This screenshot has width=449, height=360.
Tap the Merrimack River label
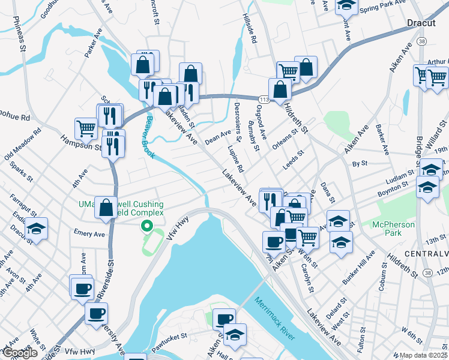[274, 318]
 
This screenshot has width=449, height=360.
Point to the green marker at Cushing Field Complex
[145, 226]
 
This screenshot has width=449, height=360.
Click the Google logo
[20, 353]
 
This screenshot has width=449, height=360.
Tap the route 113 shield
[264, 99]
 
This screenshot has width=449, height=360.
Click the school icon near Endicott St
[37, 229]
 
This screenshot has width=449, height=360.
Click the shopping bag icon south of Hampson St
[106, 207]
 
